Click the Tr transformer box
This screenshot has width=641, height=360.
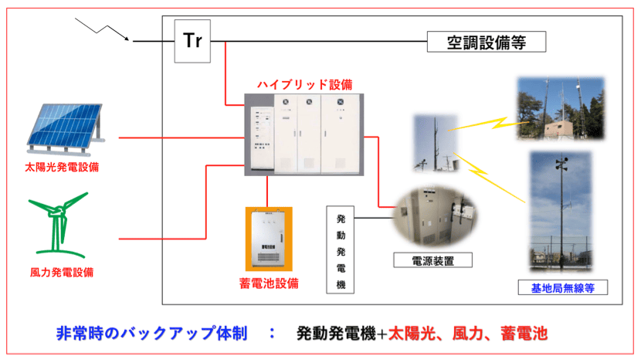pos(192,39)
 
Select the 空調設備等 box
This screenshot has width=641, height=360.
pos(487,41)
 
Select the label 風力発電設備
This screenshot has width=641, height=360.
pos(62,272)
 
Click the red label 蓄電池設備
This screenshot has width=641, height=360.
pos(268,283)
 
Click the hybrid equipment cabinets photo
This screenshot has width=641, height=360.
pos(305,134)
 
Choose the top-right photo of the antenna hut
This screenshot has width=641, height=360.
pos(562,109)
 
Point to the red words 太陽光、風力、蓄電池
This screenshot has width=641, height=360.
pos(468,335)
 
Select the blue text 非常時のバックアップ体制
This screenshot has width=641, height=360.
pos(151,335)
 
